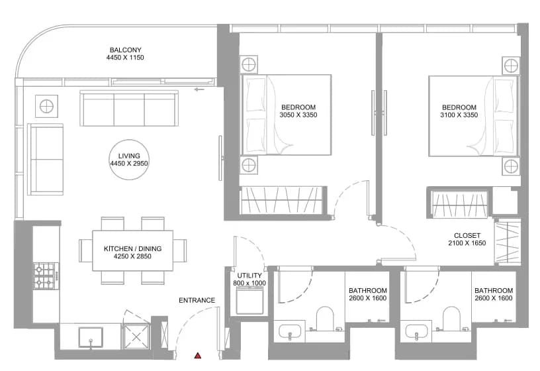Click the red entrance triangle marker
click(198, 356)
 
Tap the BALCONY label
click(125, 50)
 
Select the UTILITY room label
click(249, 276)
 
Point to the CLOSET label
click(467, 235)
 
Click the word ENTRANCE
click(197, 300)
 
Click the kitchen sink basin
click(91, 337)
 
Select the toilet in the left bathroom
click(325, 319)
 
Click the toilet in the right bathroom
click(451, 319)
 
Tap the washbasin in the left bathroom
click(290, 331)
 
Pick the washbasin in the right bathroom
click(417, 331)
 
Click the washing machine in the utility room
click(250, 301)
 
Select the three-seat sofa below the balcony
click(129, 108)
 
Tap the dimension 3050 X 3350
click(298, 115)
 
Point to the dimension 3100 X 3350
click(459, 115)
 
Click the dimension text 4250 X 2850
click(132, 256)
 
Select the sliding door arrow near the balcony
click(199, 89)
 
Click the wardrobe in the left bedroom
click(283, 200)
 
